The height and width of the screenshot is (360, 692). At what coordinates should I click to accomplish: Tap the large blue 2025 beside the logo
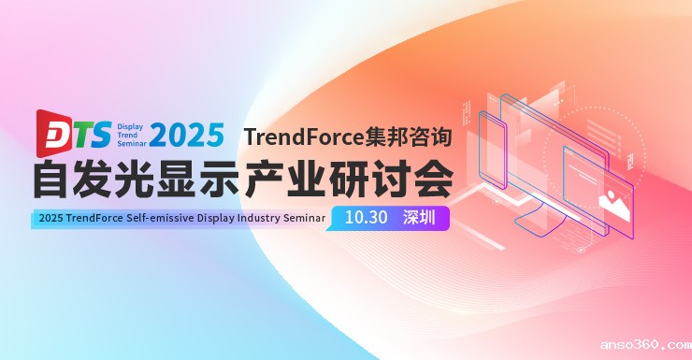click(186, 135)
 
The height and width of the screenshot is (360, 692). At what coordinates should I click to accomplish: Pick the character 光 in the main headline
click(154, 180)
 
